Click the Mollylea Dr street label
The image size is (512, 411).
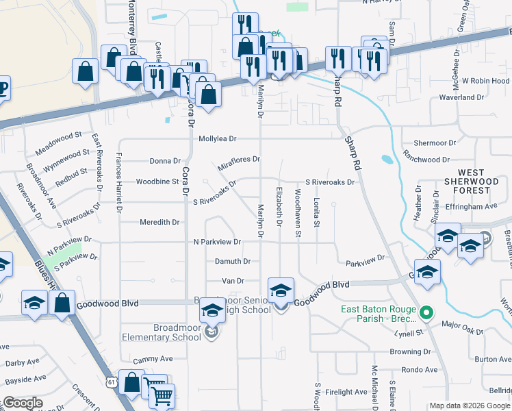pos(217,138)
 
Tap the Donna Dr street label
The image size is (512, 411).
pos(165,161)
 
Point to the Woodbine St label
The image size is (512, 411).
pos(157,182)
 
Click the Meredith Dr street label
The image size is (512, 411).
pos(159,222)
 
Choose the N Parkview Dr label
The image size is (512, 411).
pos(217,242)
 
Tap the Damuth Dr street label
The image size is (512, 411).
pos(233,261)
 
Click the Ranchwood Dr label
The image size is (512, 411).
pos(426,160)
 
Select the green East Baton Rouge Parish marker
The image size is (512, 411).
pos(427,314)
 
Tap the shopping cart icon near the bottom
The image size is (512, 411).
pos(162,395)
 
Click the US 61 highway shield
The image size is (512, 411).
pos(112,378)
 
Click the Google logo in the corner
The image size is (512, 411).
pos(22,403)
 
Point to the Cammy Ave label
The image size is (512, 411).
pos(153,359)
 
